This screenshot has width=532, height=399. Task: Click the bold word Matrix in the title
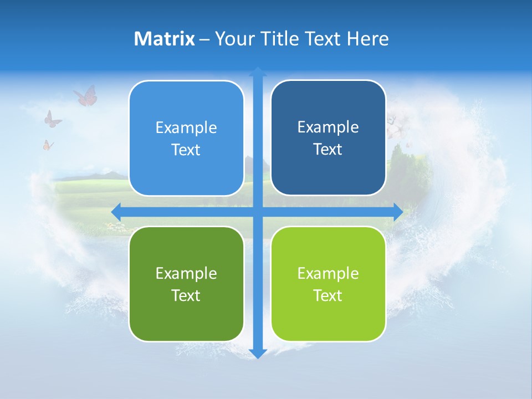tap(165, 39)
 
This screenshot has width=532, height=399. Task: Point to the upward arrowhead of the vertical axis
tap(258, 71)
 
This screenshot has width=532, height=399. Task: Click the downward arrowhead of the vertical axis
tap(258, 353)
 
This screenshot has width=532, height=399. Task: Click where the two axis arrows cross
tap(258, 212)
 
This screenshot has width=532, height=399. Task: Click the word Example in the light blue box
tap(186, 127)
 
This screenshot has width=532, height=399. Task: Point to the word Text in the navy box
tap(328, 150)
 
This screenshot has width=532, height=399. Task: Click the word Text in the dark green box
tap(186, 295)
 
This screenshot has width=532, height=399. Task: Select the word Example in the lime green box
tap(328, 273)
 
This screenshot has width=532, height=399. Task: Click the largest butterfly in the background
tap(86, 96)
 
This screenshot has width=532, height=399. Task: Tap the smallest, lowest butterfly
tap(48, 145)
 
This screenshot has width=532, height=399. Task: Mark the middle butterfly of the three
tap(52, 119)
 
